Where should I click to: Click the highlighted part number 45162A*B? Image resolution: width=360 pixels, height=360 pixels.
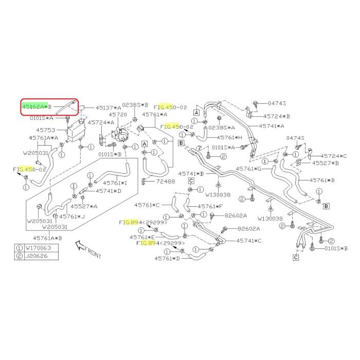(x=37, y=106)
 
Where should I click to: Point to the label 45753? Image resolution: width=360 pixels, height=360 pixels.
(x=39, y=130)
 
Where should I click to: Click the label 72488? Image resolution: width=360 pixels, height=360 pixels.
(x=166, y=182)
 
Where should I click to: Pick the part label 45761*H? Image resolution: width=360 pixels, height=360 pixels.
(x=229, y=137)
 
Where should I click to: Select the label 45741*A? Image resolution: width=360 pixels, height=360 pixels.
(x=272, y=125)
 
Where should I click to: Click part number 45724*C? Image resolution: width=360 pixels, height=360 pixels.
(x=334, y=155)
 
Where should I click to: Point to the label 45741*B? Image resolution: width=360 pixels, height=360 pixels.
(x=191, y=174)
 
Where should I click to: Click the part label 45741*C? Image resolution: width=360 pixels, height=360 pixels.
(x=249, y=240)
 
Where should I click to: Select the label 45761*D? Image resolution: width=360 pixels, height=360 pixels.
(x=167, y=258)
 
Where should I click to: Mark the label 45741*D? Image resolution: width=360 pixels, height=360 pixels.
(x=109, y=191)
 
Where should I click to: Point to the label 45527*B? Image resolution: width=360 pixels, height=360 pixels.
(x=326, y=163)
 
